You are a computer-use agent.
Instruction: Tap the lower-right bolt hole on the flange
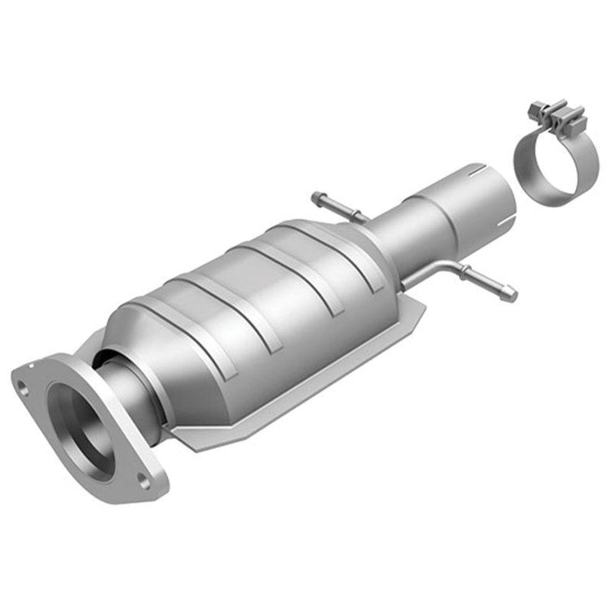click(x=142, y=480)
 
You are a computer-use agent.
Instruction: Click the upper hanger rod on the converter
click(x=337, y=208)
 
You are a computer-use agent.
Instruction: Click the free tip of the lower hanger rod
click(x=510, y=295)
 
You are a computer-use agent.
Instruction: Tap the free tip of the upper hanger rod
click(x=315, y=197)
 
